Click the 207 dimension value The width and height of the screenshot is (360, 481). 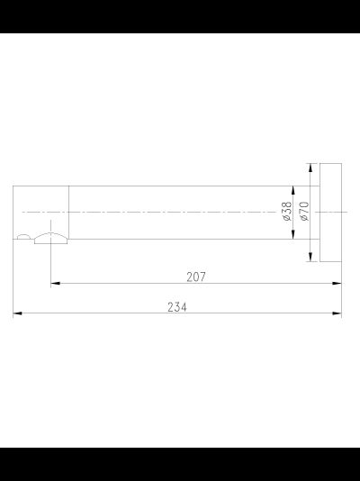coord(196,277)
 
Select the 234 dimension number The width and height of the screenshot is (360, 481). coord(177,307)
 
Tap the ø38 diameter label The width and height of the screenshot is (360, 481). coord(287,211)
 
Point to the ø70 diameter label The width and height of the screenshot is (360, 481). coord(305,211)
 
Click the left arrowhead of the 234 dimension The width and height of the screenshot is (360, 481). coord(17,313)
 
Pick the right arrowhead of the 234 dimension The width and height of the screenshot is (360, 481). coord(337,313)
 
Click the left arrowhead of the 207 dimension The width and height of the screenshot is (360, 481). coord(55,283)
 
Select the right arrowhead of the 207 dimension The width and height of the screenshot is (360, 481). coord(337,283)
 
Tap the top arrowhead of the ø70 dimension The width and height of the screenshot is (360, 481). coord(310,168)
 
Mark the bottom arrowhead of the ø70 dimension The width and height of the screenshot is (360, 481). coord(310,257)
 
